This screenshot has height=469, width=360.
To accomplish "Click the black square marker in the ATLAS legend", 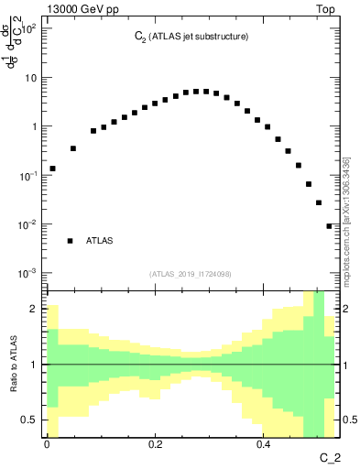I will [x=70, y=241].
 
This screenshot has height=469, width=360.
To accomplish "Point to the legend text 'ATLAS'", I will [x=100, y=241].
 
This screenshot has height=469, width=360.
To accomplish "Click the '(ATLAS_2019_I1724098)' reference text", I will [x=191, y=274].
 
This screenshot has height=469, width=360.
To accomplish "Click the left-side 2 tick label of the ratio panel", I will [x=37, y=310].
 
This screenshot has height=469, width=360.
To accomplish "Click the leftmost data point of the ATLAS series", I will [x=52, y=169].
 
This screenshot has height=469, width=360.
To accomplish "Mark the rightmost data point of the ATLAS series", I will [x=329, y=226].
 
